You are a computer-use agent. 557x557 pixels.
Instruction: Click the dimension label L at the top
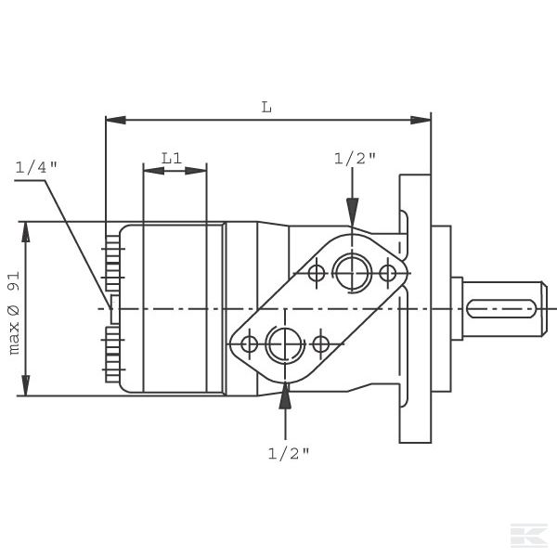pos(266,107)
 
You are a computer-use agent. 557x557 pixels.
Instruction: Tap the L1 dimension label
pos(172,158)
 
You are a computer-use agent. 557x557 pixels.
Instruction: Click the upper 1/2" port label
pos(355,158)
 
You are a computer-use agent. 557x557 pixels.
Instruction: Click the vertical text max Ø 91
pos(14,313)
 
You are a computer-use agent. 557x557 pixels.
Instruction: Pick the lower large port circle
pos(284,344)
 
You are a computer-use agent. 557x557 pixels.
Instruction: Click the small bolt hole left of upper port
pos(317,273)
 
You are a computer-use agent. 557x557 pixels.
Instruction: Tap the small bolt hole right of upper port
pos(388,273)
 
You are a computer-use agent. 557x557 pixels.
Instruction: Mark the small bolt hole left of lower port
pos(249,344)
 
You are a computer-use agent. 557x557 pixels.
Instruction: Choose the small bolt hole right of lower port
pos(320,344)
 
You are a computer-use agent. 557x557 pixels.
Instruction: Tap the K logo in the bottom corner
pos(525,536)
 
